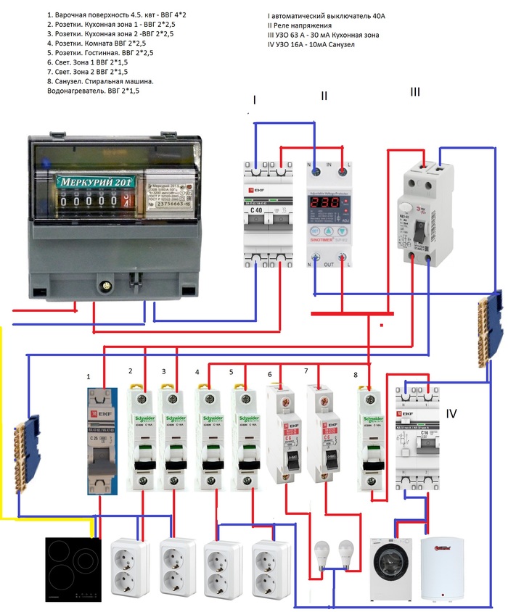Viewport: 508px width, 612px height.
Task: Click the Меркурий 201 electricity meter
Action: (110, 214)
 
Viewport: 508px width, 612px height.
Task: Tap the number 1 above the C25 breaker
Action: (89, 377)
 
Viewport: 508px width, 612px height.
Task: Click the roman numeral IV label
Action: (451, 414)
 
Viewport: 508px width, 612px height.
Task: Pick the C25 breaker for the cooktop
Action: (101, 442)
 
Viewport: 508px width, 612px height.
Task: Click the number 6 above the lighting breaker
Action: (270, 375)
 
